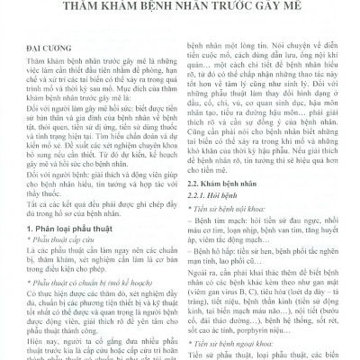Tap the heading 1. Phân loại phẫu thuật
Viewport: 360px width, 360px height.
(69, 229)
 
